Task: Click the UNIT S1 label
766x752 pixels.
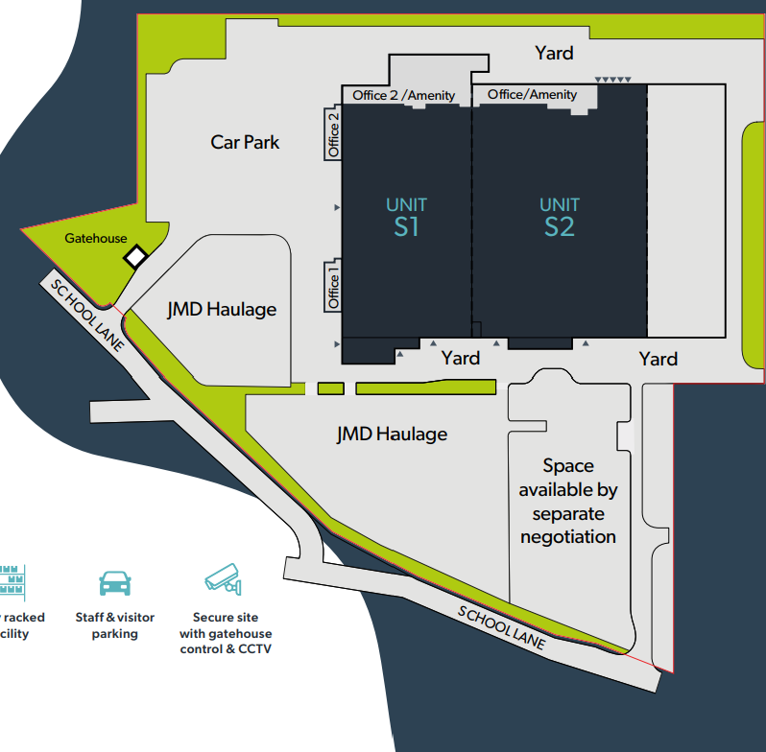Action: click(406, 217)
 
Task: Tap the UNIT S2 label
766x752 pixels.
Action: click(560, 217)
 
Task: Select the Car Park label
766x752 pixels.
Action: click(245, 142)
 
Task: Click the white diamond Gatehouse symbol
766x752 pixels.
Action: click(136, 256)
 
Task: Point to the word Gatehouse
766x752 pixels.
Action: click(95, 238)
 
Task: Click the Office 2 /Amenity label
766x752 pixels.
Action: click(403, 95)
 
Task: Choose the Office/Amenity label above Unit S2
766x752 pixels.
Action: click(533, 94)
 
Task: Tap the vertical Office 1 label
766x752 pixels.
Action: click(334, 286)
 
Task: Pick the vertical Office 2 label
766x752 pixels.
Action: click(334, 135)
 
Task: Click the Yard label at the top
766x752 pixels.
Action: click(554, 53)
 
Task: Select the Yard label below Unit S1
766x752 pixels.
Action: click(460, 358)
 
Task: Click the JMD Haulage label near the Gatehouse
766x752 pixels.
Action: click(221, 309)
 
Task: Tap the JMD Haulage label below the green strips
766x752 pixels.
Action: click(392, 434)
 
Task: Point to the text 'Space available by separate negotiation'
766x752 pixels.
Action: click(568, 501)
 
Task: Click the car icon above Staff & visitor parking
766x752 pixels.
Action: click(115, 582)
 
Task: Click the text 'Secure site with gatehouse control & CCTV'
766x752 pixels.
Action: click(226, 633)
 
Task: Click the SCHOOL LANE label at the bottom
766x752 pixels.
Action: click(501, 628)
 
